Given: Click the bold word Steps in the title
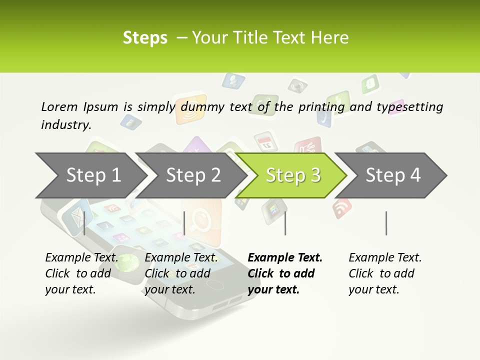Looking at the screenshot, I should pyautogui.click(x=145, y=38).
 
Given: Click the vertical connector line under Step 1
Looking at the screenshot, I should pyautogui.click(x=84, y=223).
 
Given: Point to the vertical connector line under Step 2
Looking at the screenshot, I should pyautogui.click(x=184, y=223).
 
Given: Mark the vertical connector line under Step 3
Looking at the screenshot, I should pyautogui.click(x=285, y=223).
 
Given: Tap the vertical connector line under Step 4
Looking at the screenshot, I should pyautogui.click(x=386, y=223).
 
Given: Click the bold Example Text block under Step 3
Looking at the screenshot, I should pyautogui.click(x=285, y=273).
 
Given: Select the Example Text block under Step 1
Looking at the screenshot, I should pyautogui.click(x=81, y=273).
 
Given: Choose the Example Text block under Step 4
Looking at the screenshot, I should pyautogui.click(x=385, y=273).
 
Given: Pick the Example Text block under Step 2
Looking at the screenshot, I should pyautogui.click(x=181, y=273).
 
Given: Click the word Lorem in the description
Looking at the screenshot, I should pyautogui.click(x=59, y=106).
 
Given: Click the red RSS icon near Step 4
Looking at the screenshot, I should pyautogui.click(x=342, y=207).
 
